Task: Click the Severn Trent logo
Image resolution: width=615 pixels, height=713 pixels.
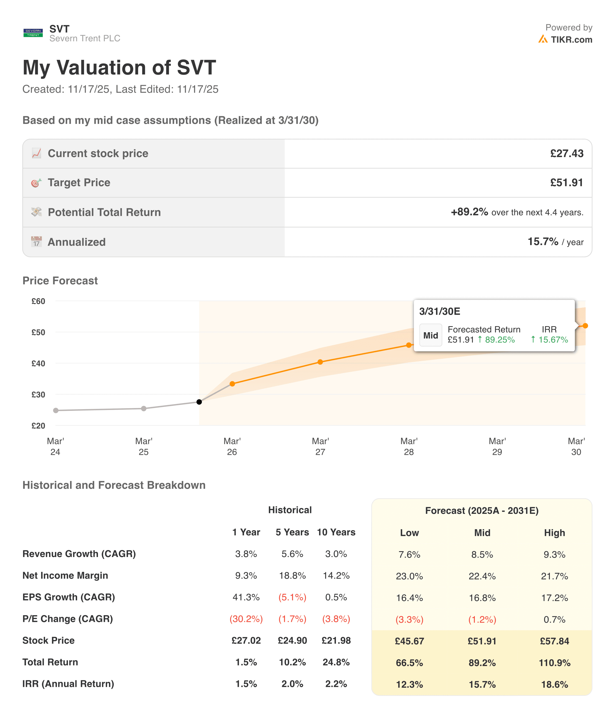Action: point(33,33)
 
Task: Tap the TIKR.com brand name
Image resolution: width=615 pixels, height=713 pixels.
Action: point(571,40)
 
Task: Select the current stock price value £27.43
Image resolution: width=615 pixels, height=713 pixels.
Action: point(567,153)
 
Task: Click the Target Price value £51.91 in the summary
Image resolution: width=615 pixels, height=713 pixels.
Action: point(567,183)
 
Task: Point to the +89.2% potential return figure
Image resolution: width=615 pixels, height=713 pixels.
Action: point(469,212)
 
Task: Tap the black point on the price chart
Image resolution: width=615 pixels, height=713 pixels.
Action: point(199,402)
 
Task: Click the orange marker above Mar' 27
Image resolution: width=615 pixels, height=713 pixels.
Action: point(320,362)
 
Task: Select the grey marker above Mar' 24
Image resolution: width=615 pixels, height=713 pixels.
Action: point(56,411)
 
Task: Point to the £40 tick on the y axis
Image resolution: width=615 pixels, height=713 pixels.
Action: point(38,363)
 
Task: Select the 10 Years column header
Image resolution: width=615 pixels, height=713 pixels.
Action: point(336,532)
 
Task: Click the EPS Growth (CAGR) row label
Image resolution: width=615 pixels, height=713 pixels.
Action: point(69,597)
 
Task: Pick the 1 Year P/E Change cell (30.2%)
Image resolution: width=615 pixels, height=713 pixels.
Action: point(246,619)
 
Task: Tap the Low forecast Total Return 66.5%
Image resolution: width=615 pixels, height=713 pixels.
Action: point(409,663)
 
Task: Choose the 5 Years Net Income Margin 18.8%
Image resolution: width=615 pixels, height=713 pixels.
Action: point(292,576)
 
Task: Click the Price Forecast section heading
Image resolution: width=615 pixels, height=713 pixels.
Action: point(60,281)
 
